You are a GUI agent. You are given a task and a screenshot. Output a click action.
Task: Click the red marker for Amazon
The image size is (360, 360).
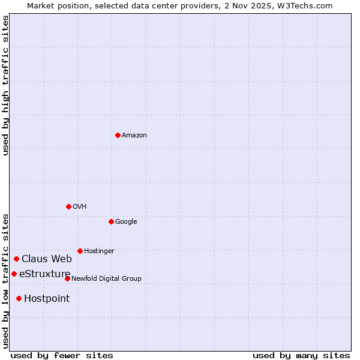(118, 135)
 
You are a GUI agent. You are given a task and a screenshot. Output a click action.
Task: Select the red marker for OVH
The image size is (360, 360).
(68, 206)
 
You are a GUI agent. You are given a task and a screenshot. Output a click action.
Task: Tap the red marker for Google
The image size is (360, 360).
(111, 221)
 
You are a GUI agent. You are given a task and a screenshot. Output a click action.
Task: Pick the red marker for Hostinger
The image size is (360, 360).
(80, 251)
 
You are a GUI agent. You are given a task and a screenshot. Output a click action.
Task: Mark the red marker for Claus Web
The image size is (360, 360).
(16, 259)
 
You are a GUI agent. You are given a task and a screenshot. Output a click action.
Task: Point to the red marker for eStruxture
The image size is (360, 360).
(14, 274)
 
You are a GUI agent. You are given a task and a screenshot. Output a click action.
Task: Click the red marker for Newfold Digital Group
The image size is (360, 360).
(67, 278)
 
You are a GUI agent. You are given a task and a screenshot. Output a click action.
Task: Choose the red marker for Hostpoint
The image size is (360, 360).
(19, 298)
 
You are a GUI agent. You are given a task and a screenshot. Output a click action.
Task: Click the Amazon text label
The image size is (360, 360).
(134, 136)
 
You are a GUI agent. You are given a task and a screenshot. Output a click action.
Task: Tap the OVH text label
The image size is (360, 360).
(80, 207)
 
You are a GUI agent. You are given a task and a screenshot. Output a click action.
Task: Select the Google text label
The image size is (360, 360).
(126, 222)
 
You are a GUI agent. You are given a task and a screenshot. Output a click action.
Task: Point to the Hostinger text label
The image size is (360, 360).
(99, 251)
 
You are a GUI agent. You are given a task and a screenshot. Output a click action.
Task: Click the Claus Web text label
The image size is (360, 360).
(47, 259)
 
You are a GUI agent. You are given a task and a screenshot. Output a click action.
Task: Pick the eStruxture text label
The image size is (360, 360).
(45, 274)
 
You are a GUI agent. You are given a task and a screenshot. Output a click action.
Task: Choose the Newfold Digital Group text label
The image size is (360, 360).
(106, 279)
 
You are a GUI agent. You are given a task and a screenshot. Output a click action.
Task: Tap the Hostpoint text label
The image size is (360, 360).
(47, 299)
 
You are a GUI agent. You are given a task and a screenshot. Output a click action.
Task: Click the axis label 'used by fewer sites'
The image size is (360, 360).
(62, 355)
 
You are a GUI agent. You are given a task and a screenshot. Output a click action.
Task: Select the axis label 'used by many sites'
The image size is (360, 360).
(301, 355)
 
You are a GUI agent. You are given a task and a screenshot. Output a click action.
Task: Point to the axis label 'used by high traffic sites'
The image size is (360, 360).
(5, 85)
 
